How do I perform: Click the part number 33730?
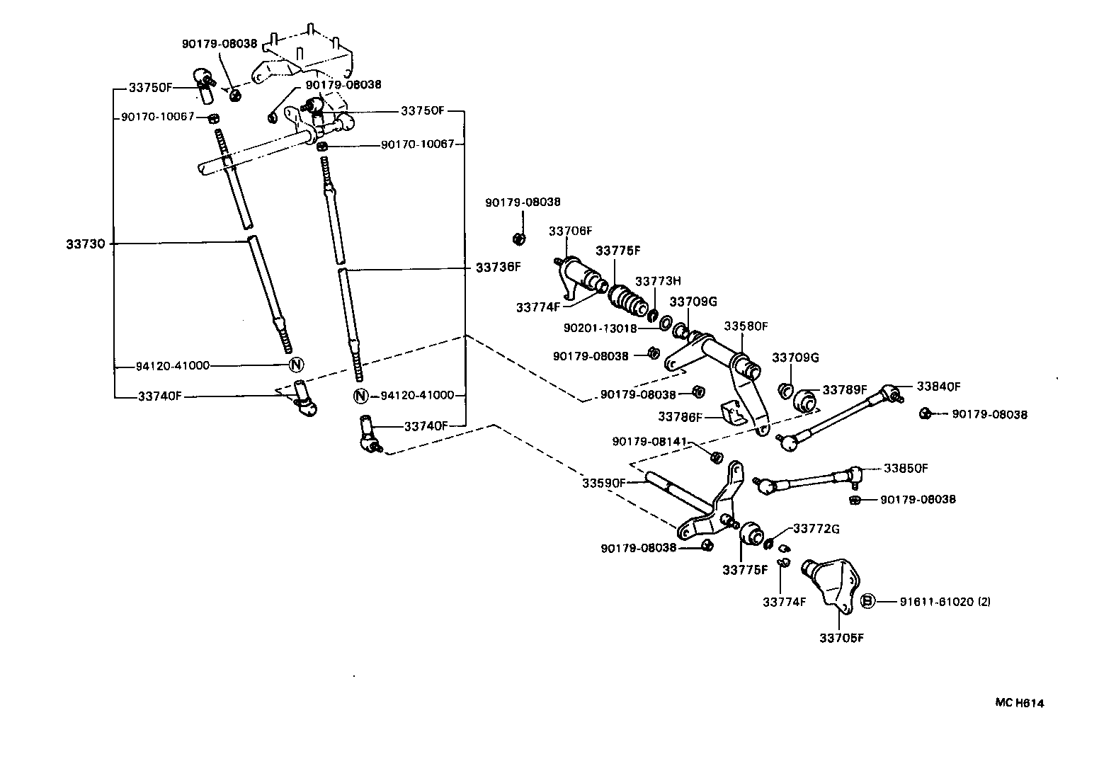pos(86,244)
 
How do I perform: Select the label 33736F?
pos(498,268)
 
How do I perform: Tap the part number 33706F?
pos(570,231)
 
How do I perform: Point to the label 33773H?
pos(657,281)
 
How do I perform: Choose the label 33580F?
pos(746,326)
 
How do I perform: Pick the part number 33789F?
pos(844,389)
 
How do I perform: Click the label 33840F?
pos(938,387)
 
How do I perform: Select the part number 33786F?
pos(681,417)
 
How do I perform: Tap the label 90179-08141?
pos(650,442)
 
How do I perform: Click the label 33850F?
pos(906,468)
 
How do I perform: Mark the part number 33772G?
pos(816,528)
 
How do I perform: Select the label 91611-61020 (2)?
pos(945,602)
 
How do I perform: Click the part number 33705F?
pos(842,638)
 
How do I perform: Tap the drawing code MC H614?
pos(1020,703)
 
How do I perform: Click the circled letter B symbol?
pos(867,602)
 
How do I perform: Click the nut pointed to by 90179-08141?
pos(716,457)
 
